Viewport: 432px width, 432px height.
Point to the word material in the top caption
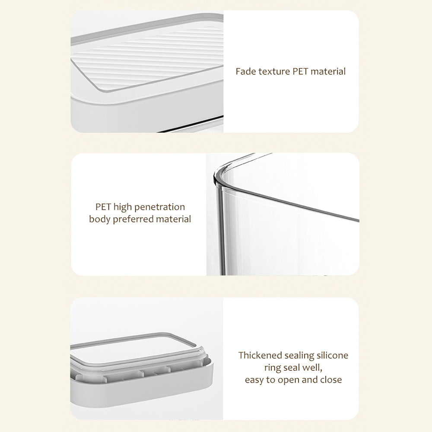click(328, 71)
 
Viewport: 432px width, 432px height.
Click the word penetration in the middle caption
click(159, 207)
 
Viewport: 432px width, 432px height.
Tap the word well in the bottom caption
click(312, 368)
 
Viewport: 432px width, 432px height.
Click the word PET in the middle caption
click(103, 207)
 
